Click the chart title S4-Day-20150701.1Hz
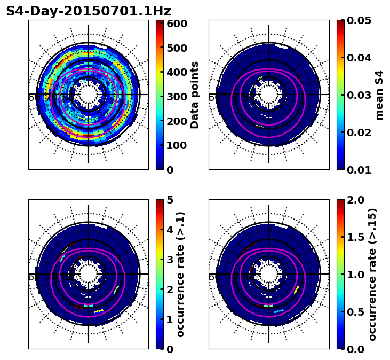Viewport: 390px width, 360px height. tap(89, 11)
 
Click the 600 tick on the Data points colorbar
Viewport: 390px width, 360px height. tap(177, 24)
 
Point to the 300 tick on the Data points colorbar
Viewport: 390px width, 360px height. tap(177, 97)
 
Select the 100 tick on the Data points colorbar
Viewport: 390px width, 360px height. tap(177, 145)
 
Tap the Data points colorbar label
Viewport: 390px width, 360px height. tap(195, 95)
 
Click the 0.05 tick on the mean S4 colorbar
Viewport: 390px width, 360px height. tap(359, 20)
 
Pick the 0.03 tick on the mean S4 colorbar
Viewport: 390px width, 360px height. tap(359, 95)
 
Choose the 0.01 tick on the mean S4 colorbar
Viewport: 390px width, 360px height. tap(359, 170)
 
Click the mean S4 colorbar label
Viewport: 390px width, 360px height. tap(379, 95)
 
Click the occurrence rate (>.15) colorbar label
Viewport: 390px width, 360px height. tap(372, 274)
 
